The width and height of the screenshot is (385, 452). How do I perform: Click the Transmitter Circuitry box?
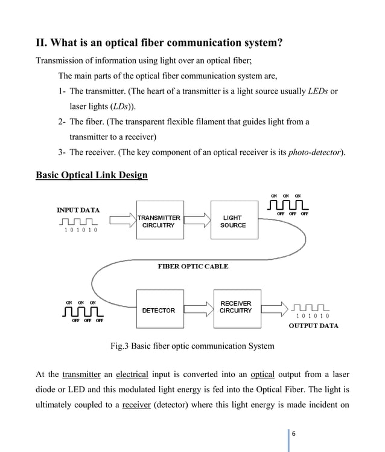tap(158, 221)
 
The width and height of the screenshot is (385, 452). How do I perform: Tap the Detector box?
tap(158, 311)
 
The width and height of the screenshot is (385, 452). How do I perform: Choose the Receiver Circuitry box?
tap(235, 307)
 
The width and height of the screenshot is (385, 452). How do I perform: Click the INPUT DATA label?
tap(78, 210)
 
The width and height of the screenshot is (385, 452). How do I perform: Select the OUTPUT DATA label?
tap(313, 326)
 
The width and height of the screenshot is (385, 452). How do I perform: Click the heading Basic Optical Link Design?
tap(92, 175)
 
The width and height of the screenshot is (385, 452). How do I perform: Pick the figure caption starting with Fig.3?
tap(192, 346)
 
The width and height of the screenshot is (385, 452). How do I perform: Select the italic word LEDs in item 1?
tap(318, 91)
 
